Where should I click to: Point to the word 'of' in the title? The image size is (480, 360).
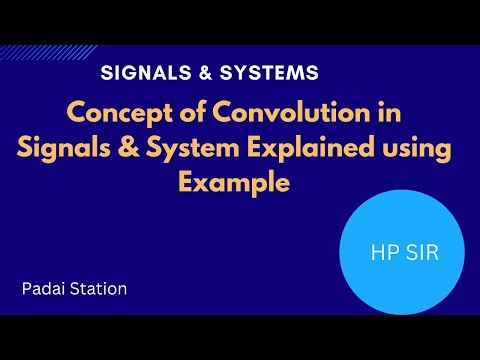click(181, 114)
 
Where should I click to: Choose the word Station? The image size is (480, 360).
click(101, 290)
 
